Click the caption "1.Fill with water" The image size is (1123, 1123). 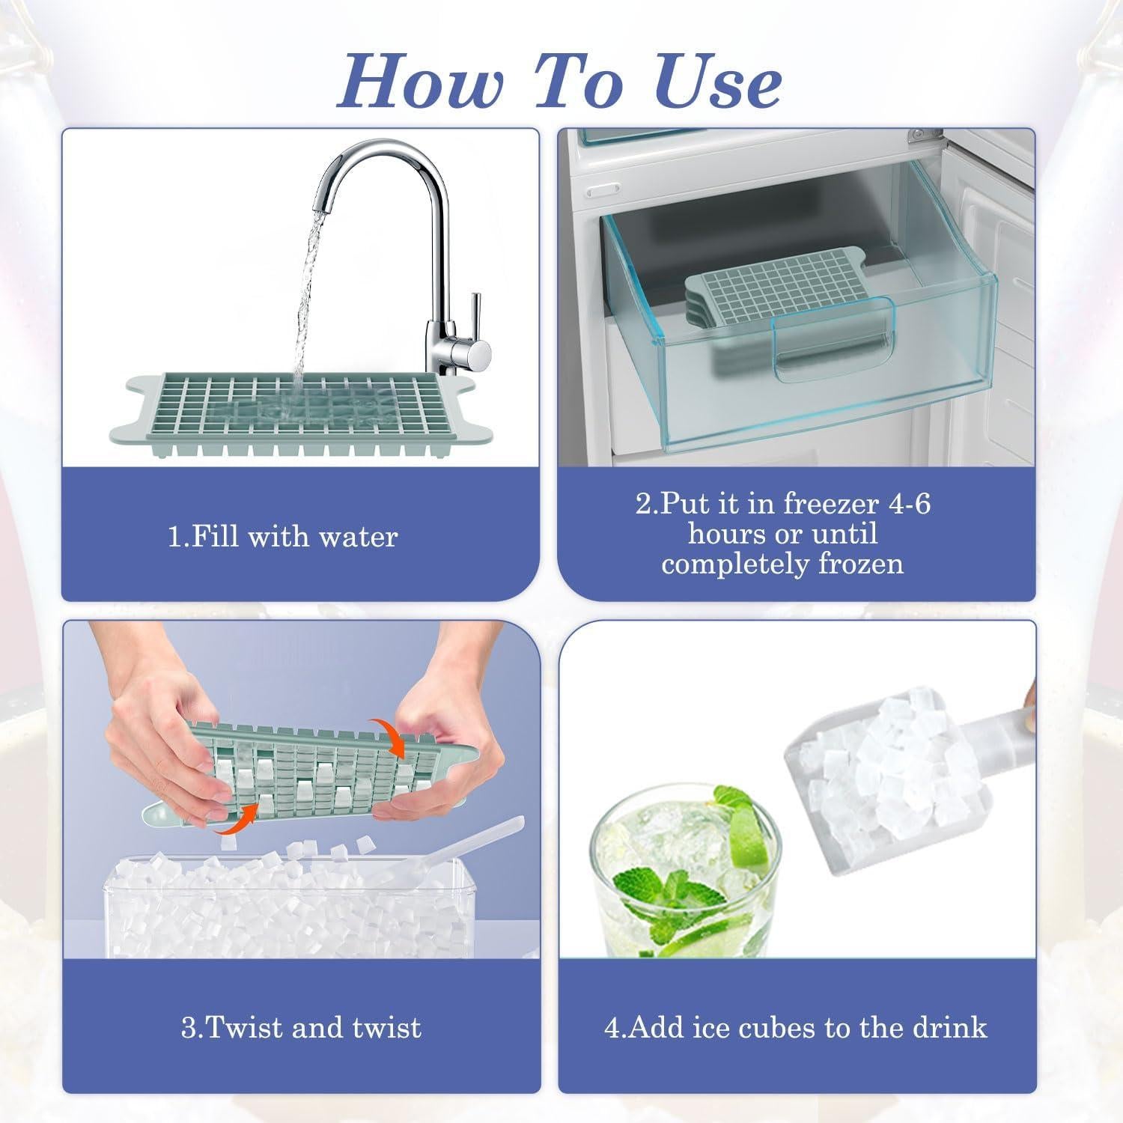pyautogui.click(x=282, y=537)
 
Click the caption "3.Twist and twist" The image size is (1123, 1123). pyautogui.click(x=301, y=1027)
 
